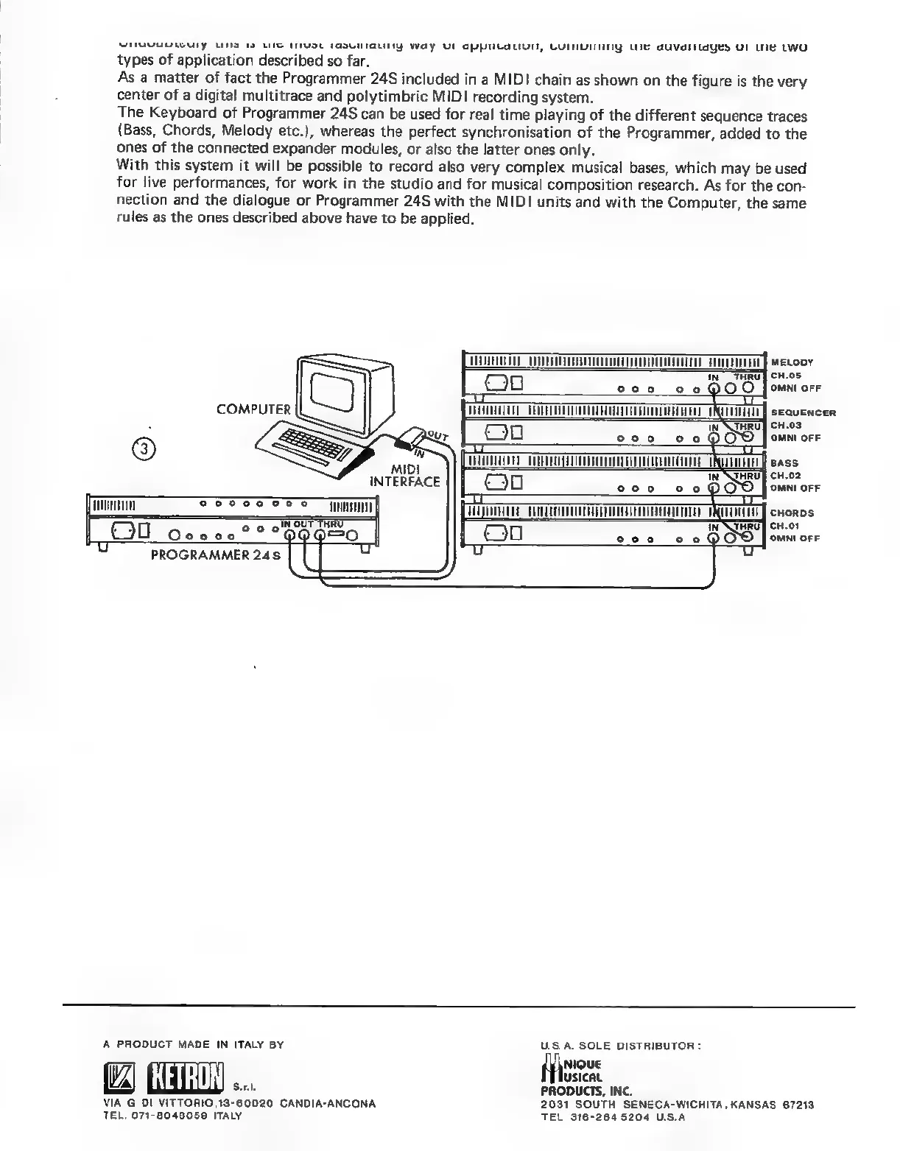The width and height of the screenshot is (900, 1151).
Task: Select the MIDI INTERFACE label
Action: (x=404, y=476)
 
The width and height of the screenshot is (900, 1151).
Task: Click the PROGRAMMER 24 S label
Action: (x=216, y=555)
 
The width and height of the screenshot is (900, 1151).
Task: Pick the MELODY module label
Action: (x=792, y=362)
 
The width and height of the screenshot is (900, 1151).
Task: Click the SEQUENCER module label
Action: (x=803, y=412)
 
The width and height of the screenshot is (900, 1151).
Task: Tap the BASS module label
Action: (x=784, y=463)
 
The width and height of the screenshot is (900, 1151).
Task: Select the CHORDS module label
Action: (x=792, y=513)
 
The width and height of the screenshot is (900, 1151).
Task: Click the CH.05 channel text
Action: (x=785, y=375)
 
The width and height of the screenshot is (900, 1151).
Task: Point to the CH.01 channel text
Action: (x=785, y=526)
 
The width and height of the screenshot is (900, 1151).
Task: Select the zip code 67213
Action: (x=798, y=1105)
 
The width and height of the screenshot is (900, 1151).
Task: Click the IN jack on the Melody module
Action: (x=713, y=388)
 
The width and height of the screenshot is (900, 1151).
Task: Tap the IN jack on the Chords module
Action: (x=713, y=538)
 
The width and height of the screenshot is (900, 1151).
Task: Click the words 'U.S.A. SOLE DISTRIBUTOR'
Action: (x=619, y=1046)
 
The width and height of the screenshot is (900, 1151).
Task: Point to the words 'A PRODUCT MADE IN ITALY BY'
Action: (x=193, y=1044)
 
